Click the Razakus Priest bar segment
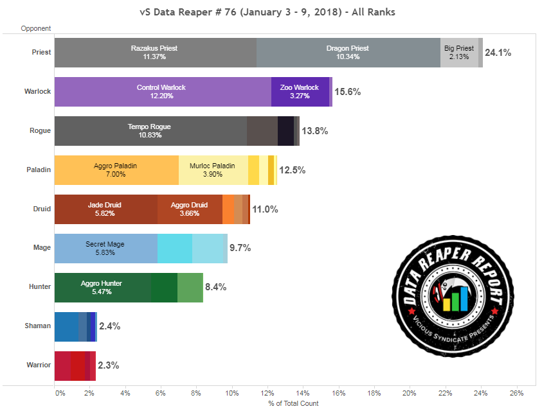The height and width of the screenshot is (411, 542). coord(155,53)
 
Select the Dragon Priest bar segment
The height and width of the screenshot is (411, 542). coord(348,53)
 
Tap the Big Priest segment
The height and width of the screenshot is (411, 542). coord(459,53)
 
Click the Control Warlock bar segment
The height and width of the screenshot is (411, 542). coord(162,92)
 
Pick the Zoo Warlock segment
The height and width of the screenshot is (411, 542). coord(300,92)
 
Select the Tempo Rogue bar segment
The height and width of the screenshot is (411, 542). coord(150,131)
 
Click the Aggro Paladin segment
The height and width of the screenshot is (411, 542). coord(116,170)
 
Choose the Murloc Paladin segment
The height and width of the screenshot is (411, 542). coord(213,170)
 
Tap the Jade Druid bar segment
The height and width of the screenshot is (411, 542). coord(105,209)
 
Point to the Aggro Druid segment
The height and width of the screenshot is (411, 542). coord(190,209)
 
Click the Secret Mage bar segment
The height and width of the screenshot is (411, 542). coord(105,249)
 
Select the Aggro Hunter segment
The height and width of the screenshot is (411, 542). coord(102,287)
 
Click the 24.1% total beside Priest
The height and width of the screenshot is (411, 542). coord(498,53)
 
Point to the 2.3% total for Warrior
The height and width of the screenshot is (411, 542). coord(108,365)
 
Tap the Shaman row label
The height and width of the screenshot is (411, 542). coord(38,326)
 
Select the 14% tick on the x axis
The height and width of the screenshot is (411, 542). coord(303,392)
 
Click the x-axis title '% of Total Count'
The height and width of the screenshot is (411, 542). coord(293,403)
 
